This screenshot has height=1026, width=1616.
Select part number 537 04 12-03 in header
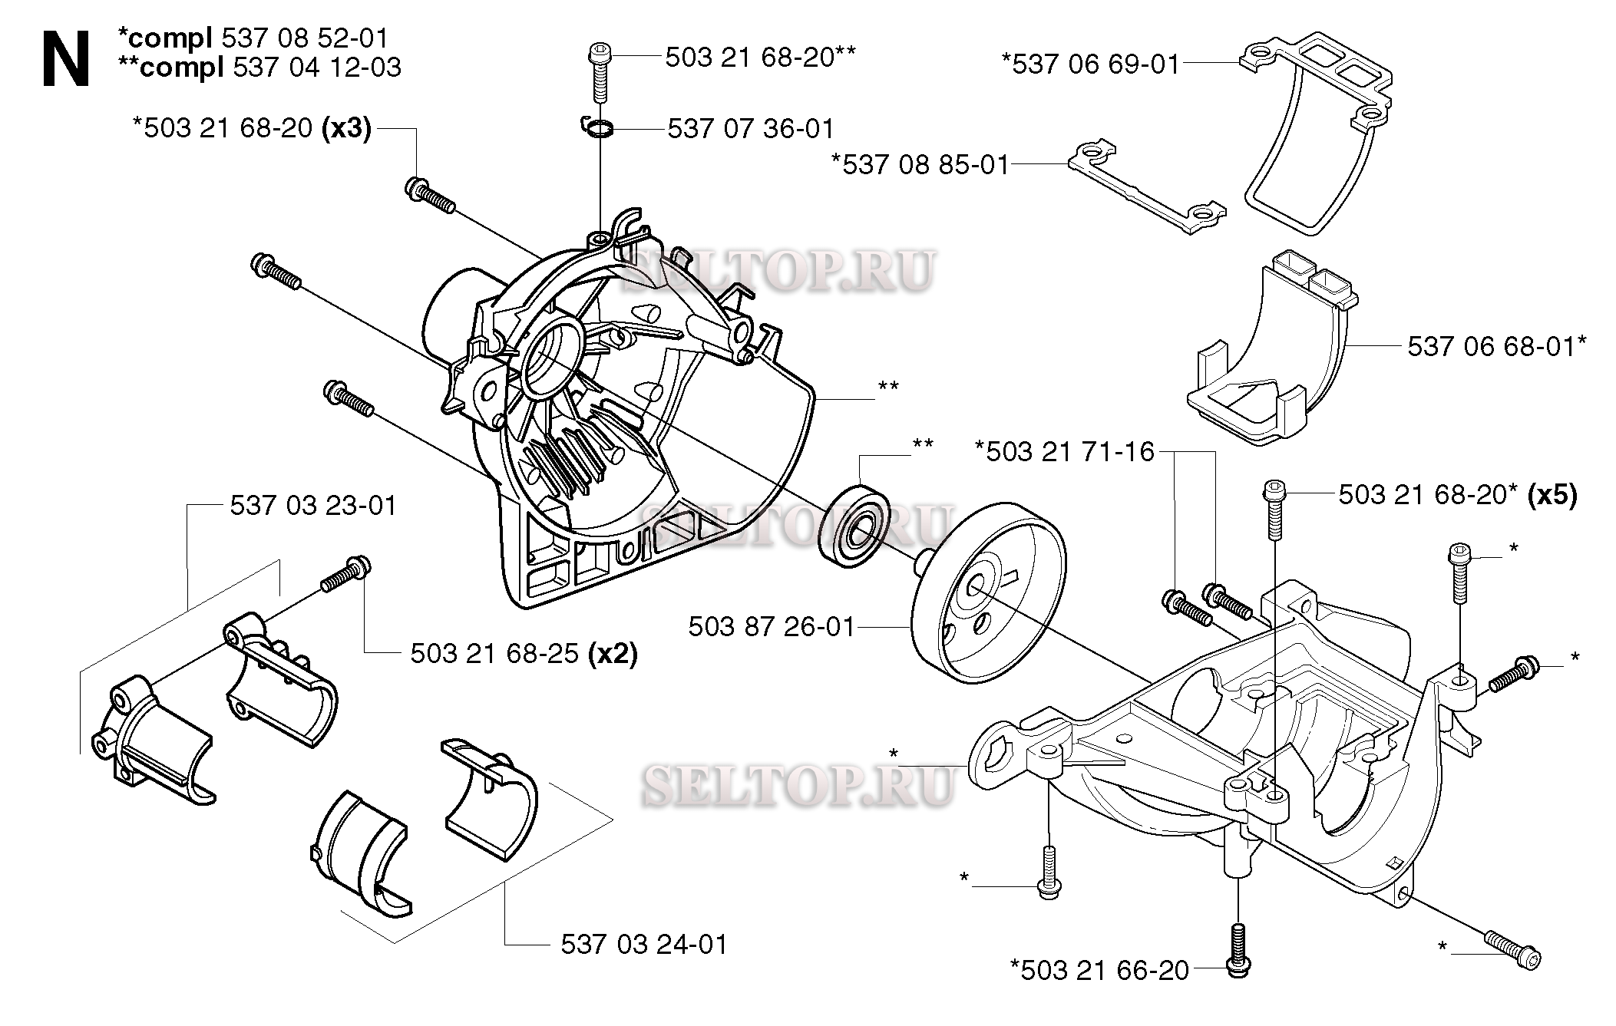pos(316,68)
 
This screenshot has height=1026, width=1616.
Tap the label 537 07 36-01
pos(750,128)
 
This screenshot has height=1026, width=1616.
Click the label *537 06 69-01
pos(1089,64)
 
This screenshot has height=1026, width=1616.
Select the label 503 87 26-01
pos(771,627)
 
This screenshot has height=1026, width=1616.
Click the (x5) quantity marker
pos(1552,495)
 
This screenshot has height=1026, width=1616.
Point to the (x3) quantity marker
pos(345,128)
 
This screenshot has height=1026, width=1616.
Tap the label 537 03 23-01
pos(313,506)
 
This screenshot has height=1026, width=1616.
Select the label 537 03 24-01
pos(643,944)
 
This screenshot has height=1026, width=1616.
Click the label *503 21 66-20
pos(1099,970)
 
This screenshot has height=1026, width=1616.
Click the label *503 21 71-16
pos(1064,451)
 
